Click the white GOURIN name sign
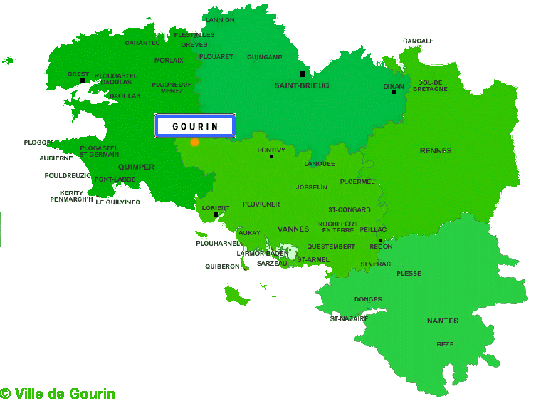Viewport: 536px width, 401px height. pos(194,127)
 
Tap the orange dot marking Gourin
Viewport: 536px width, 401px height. pos(195,142)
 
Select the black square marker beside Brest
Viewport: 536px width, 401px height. pos(83,80)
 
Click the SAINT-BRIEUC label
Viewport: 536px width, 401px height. pos(302,85)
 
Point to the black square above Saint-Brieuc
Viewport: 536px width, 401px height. pos(303,73)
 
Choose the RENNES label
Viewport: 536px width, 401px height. pos(436,151)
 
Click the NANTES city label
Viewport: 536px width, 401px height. pos(442,321)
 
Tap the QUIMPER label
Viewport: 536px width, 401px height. pos(137,167)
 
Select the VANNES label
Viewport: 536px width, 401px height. pos(293,229)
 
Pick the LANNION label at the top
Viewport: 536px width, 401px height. pos(219,20)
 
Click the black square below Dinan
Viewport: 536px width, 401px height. pos(394,93)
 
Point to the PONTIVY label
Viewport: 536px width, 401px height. pos(271,150)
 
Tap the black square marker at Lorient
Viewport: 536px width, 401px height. pos(216,214)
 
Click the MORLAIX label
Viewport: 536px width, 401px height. pos(169,61)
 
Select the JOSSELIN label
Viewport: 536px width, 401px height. pos(312,187)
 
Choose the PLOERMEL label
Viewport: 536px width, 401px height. pos(357,182)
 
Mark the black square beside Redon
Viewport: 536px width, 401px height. pos(380,241)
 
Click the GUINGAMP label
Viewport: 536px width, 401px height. pos(265,57)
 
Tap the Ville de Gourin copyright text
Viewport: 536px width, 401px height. pos(58,394)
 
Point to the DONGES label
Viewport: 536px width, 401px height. pos(368,299)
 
